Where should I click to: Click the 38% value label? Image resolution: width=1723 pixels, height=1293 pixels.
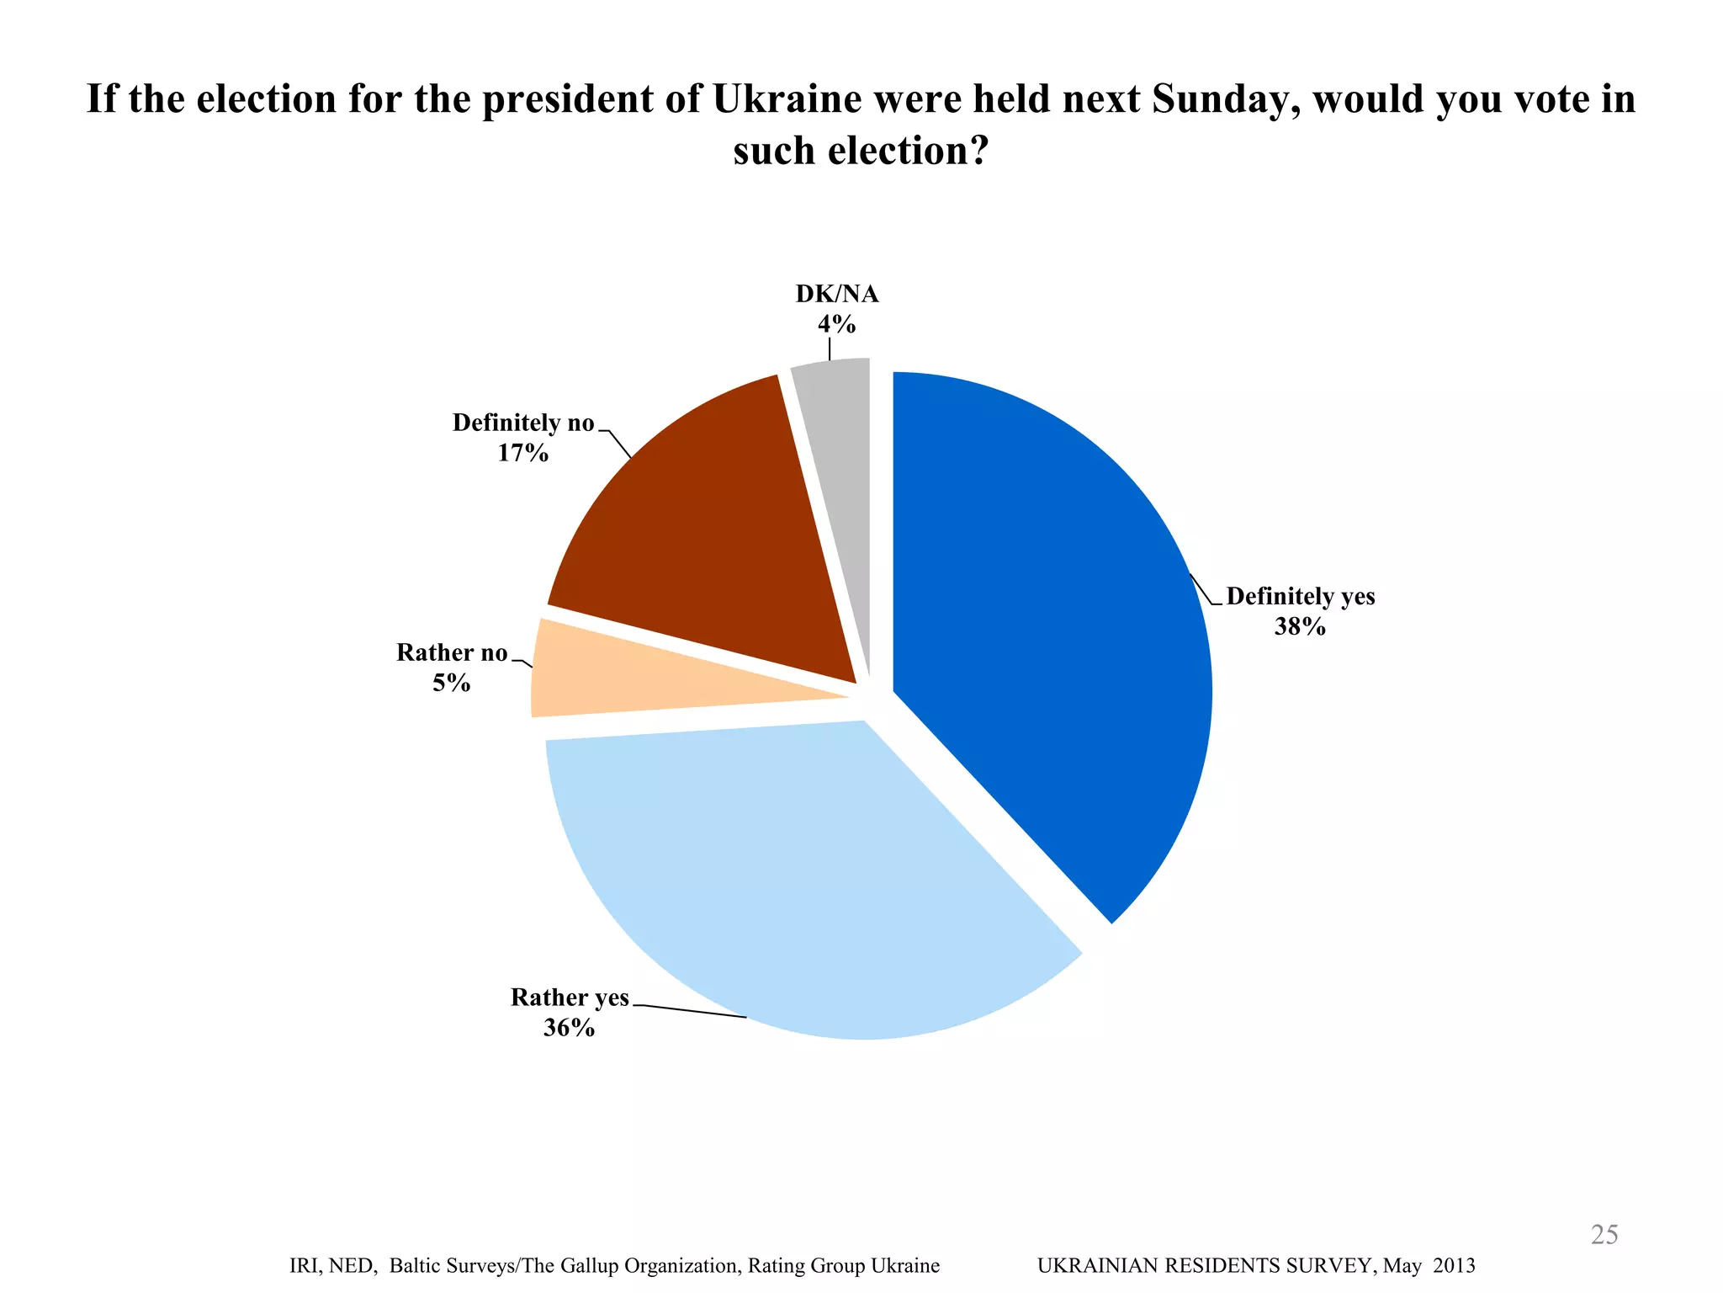click(1300, 626)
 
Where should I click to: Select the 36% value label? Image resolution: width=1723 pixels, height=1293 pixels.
click(569, 1028)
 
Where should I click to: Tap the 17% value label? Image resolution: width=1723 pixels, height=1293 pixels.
click(522, 453)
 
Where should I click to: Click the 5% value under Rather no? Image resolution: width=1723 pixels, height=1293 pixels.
click(451, 683)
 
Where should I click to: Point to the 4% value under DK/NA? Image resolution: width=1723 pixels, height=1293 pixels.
click(836, 324)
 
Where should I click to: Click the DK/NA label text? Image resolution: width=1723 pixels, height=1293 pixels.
click(836, 294)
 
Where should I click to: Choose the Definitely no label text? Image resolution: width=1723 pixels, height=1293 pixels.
click(523, 423)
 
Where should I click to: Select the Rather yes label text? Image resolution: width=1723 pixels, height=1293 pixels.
click(570, 998)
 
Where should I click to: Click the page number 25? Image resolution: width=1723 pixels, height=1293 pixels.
click(1604, 1234)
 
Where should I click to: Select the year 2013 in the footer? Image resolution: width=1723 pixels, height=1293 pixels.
click(1454, 1265)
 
